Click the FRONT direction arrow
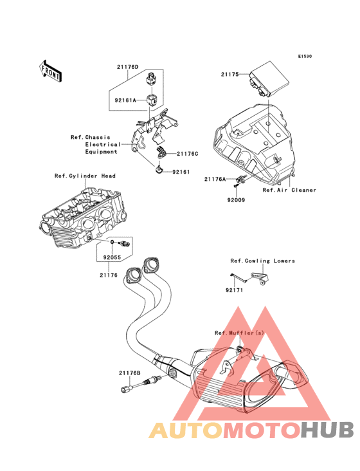coord(50,71)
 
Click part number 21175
coord(230,74)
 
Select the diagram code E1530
coord(305,56)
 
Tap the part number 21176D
coord(128,67)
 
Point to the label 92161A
coord(125,100)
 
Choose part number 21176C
coord(188,154)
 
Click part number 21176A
coord(215,179)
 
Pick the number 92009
coord(236,199)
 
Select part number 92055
coord(113,257)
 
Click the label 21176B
coord(130,373)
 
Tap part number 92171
coord(234,290)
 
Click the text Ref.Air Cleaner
coord(289,190)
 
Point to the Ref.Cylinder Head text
coord(85,176)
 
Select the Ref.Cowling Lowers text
coord(262,261)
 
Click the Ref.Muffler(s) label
coord(239,333)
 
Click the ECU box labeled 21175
coord(269,79)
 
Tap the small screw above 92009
coord(236,187)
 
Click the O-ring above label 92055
coord(112,242)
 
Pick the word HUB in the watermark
coord(327,430)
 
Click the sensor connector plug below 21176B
coord(126,390)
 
